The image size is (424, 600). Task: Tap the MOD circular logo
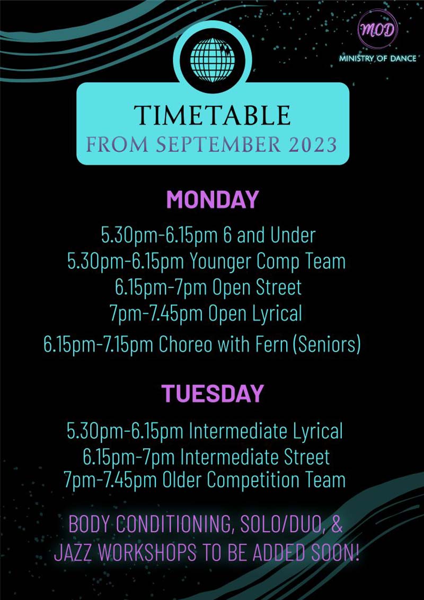tap(377, 30)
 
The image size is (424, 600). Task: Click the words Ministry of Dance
tap(377, 59)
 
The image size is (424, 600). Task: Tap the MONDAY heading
tap(212, 200)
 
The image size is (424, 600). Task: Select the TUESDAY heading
tap(212, 393)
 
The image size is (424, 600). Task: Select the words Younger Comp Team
tap(267, 262)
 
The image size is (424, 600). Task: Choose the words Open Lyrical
tap(255, 314)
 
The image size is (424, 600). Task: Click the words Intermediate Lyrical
tap(266, 431)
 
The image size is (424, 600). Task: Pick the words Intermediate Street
tap(254, 457)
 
